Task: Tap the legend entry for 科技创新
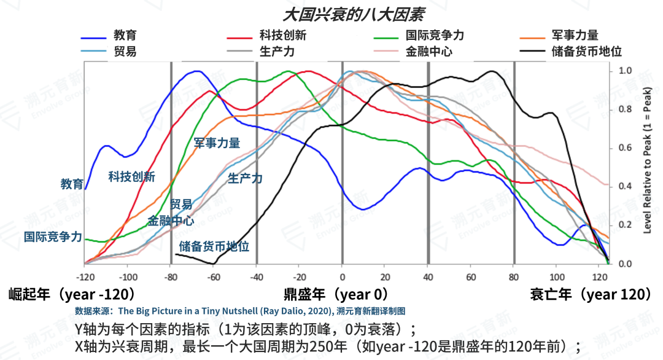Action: pos(282,35)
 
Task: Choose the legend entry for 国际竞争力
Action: pos(435,35)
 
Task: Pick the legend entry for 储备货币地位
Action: pos(587,51)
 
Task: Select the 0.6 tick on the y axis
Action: pos(625,148)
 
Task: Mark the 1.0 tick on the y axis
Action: pos(625,71)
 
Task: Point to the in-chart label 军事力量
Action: pos(217,143)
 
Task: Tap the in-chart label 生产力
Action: pos(245,179)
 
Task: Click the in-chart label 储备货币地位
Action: pos(214,246)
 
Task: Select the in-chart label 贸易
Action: pos(181,204)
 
